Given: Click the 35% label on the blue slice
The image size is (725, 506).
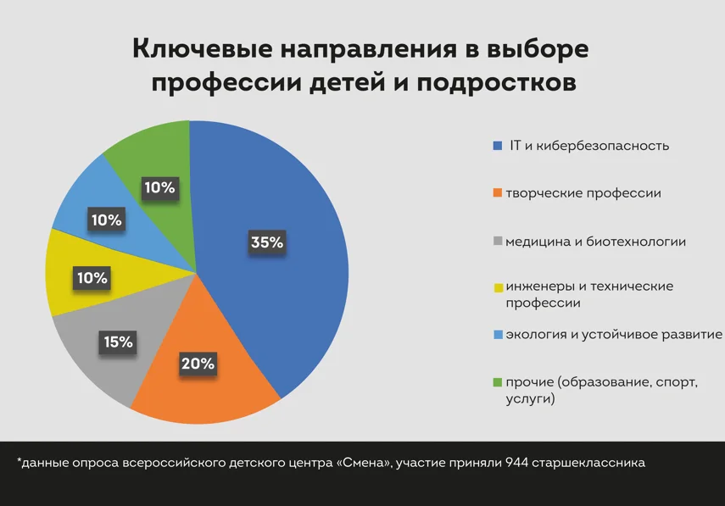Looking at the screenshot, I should tap(266, 242).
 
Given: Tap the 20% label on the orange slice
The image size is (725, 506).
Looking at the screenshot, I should tap(198, 364).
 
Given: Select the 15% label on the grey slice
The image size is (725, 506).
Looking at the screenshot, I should tap(119, 342).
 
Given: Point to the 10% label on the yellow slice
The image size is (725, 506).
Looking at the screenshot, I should tap(91, 278).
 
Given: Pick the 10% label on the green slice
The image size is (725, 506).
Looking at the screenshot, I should tap(159, 187).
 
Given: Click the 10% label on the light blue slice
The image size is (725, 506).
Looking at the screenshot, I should tap(107, 220).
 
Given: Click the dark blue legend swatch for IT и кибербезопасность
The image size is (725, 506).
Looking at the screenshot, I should tap(498, 146).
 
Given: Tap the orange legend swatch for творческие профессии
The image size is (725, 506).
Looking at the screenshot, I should tap(498, 194).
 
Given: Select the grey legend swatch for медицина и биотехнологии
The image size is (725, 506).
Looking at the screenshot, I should tap(498, 242).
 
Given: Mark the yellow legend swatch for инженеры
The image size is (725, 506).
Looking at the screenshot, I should tap(498, 287).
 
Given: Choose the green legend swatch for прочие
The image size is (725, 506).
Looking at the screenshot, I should tap(498, 383).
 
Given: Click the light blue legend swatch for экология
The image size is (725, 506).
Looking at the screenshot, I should tap(498, 335).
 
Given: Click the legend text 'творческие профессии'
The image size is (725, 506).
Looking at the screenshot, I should tap(583, 193).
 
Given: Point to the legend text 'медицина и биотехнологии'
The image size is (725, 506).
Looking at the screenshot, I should tap(595, 242).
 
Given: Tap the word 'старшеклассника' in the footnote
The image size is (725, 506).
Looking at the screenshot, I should tap(589, 463).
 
